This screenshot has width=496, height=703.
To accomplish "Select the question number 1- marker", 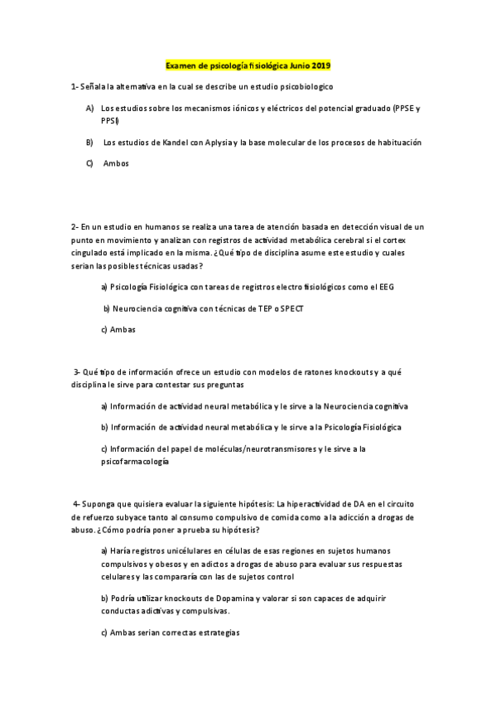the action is [x=75, y=86].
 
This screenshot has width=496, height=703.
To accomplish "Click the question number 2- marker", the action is [x=75, y=226].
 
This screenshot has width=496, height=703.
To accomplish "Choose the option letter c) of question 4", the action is [x=104, y=633].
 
